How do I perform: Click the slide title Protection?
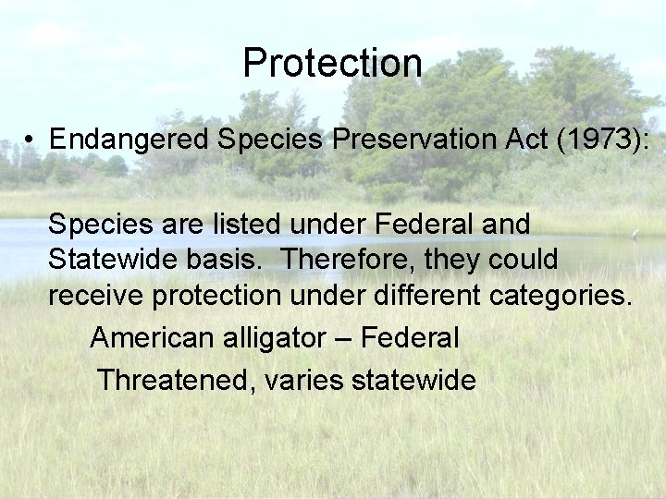(x=332, y=63)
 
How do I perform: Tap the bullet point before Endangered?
(x=31, y=140)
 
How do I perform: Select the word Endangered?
(x=130, y=140)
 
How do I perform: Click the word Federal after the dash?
(x=409, y=338)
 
